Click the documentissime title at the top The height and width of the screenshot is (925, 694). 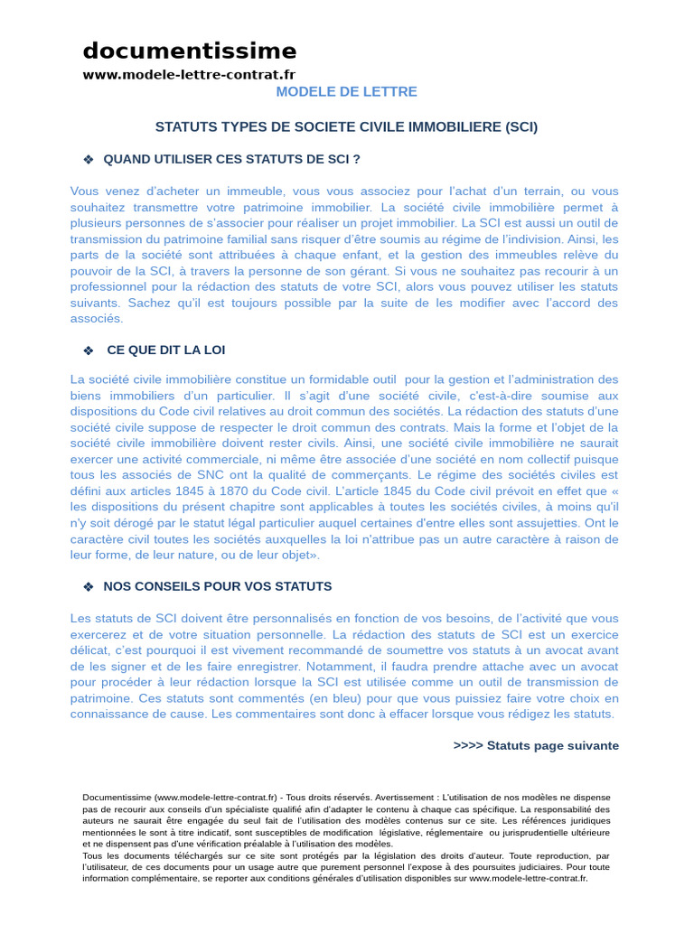pyautogui.click(x=189, y=51)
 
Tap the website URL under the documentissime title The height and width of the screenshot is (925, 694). pyautogui.click(x=189, y=74)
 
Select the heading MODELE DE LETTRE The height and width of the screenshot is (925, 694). pyautogui.click(x=346, y=92)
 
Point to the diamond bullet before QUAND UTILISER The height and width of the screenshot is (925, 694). pyautogui.click(x=89, y=160)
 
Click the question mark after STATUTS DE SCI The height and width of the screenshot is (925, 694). pyautogui.click(x=356, y=160)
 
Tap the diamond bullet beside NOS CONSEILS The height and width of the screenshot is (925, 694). pyautogui.click(x=89, y=587)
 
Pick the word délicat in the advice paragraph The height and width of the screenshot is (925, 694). pyautogui.click(x=90, y=650)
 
